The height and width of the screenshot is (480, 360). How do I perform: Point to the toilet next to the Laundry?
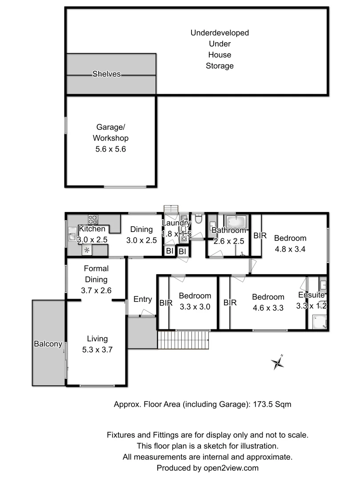pos(199,219)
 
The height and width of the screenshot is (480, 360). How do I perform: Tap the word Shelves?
pos(106,74)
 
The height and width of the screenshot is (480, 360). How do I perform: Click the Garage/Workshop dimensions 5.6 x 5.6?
pos(111,149)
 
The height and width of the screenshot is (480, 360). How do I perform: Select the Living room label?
pos(97,339)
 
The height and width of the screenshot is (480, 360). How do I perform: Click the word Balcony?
pos(48,344)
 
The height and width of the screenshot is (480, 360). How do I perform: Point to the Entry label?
pos(142,300)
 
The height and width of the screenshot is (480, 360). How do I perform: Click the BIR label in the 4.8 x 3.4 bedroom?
pos(260,236)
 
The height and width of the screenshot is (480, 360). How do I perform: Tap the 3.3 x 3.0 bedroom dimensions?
pos(195,306)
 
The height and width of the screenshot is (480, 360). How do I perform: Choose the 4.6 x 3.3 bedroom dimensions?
pos(268,308)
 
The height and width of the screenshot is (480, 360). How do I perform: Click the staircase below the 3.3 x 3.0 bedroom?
pos(184,340)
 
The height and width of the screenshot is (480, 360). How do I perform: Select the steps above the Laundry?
pos(170,209)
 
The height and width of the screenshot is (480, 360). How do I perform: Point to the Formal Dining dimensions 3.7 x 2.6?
pos(96,291)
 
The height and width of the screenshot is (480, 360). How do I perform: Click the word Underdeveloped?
pos(220,33)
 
